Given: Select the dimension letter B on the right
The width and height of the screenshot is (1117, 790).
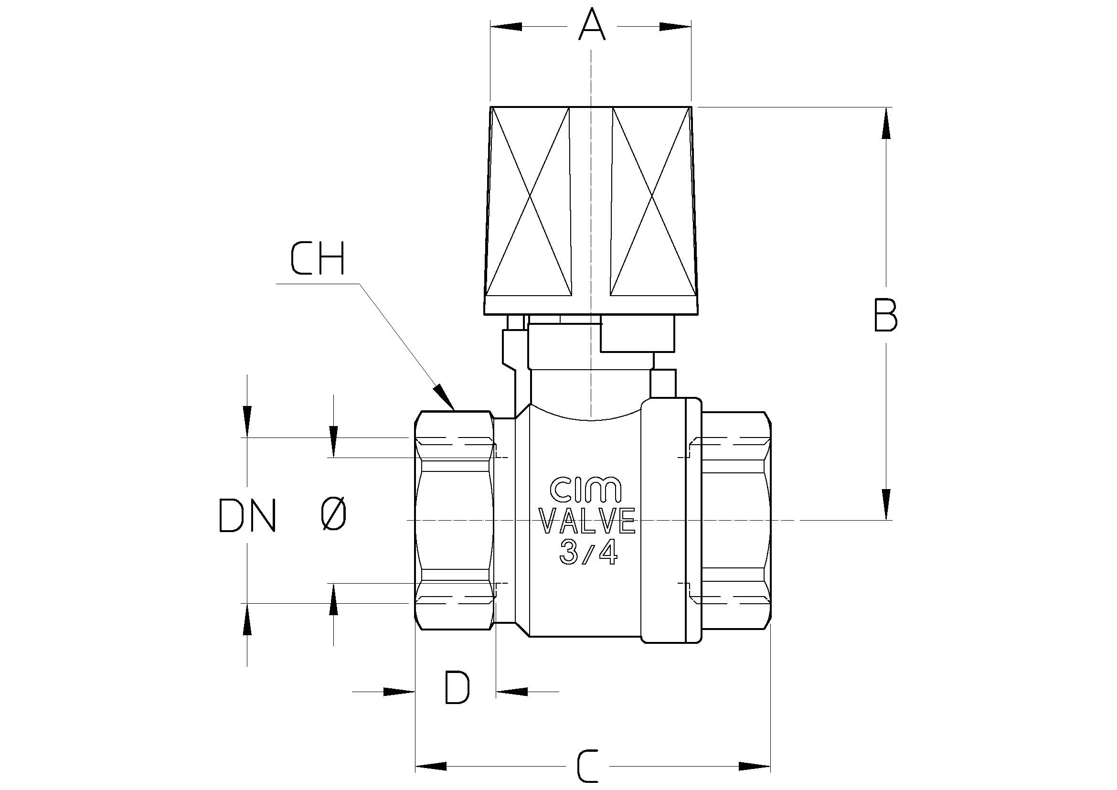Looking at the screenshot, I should pos(885,315).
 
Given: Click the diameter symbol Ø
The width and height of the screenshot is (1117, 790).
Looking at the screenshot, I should pos(334,515).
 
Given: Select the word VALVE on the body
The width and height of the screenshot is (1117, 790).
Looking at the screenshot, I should pos(588,521).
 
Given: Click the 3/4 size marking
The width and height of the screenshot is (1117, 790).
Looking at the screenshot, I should pos(588,553).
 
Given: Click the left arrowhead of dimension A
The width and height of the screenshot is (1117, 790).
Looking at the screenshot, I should pos(506,26).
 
